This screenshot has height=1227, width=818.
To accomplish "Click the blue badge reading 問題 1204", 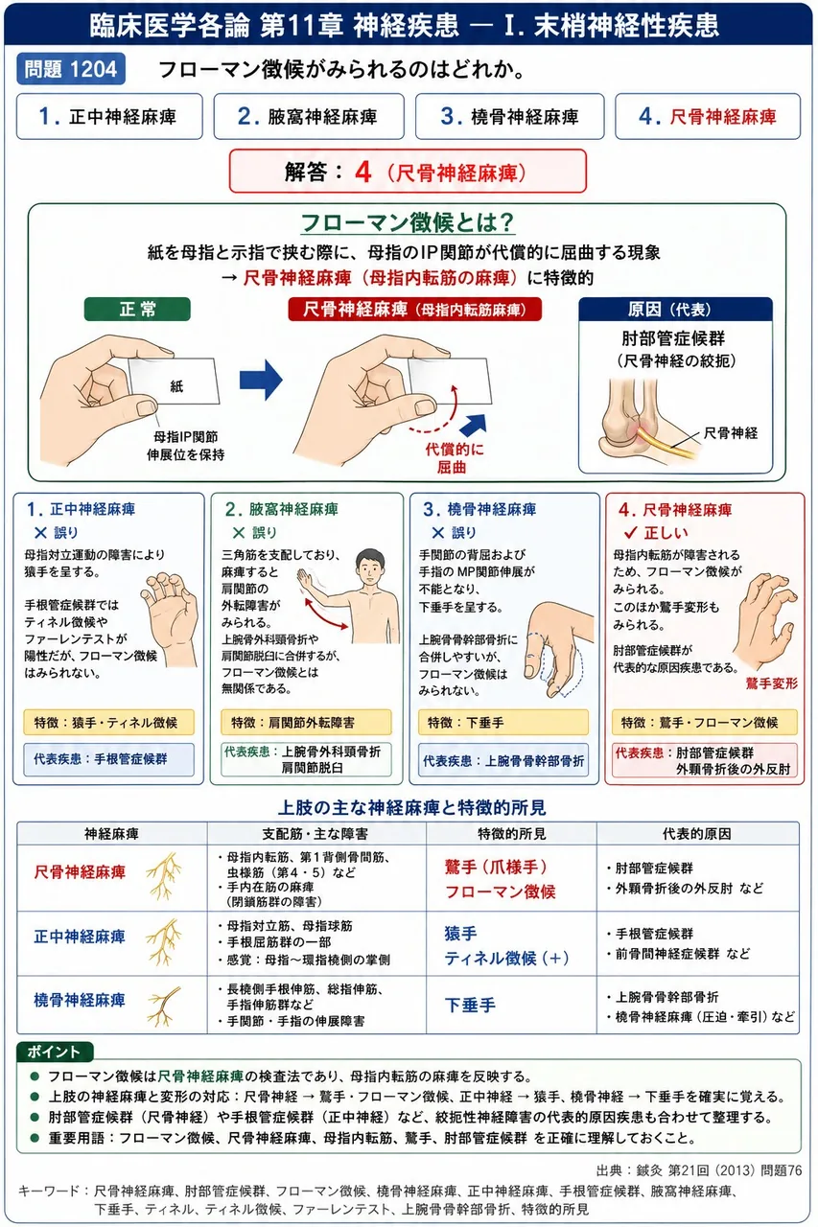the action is click(71, 69).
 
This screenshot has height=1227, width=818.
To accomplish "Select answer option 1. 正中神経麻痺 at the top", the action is click(109, 116).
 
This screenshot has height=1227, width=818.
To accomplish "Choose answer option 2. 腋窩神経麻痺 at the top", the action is click(309, 116).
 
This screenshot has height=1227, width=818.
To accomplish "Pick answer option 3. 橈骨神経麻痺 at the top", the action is click(509, 116).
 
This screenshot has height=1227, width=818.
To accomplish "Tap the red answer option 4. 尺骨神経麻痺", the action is click(708, 116).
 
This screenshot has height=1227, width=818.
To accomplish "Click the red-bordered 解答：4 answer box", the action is click(408, 172).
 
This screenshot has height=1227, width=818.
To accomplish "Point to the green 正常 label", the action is click(137, 309).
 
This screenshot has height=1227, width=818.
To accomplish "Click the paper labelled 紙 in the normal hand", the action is click(175, 382).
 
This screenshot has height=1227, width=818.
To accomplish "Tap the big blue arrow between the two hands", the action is click(261, 381).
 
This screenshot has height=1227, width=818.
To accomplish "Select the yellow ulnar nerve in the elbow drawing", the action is click(666, 442).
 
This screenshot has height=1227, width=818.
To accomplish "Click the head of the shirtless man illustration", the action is click(370, 567).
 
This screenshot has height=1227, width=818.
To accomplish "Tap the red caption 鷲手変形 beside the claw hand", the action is click(771, 683).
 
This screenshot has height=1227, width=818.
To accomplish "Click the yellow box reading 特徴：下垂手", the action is click(502, 723).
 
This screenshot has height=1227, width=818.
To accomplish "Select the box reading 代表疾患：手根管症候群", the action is click(108, 759).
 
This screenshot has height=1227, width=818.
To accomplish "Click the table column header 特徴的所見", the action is click(512, 834).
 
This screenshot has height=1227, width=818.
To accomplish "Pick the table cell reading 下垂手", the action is click(470, 1006).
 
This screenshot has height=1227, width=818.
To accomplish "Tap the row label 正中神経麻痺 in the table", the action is click(80, 937).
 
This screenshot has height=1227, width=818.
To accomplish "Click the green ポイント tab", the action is click(55, 1052).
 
